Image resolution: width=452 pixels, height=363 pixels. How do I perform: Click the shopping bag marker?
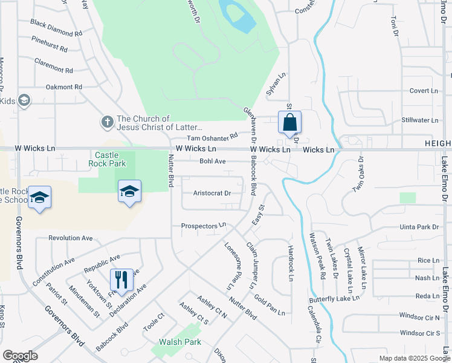click(x=290, y=122)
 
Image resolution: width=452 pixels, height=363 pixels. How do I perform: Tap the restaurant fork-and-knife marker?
click(x=121, y=280)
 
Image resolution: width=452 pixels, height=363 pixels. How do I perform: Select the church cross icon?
click(x=107, y=122)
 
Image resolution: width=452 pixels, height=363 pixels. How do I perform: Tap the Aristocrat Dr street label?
click(x=212, y=194)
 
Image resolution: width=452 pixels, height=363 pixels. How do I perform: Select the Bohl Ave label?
click(x=212, y=162)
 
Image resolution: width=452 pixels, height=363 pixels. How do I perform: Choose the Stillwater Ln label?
click(x=419, y=120)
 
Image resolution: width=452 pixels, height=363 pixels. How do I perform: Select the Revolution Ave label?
click(x=71, y=238)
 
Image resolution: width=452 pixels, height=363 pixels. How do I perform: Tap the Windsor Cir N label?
click(x=419, y=317)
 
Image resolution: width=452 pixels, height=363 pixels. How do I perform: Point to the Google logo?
click(x=20, y=356)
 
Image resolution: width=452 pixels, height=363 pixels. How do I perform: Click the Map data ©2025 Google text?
click(x=414, y=358)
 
